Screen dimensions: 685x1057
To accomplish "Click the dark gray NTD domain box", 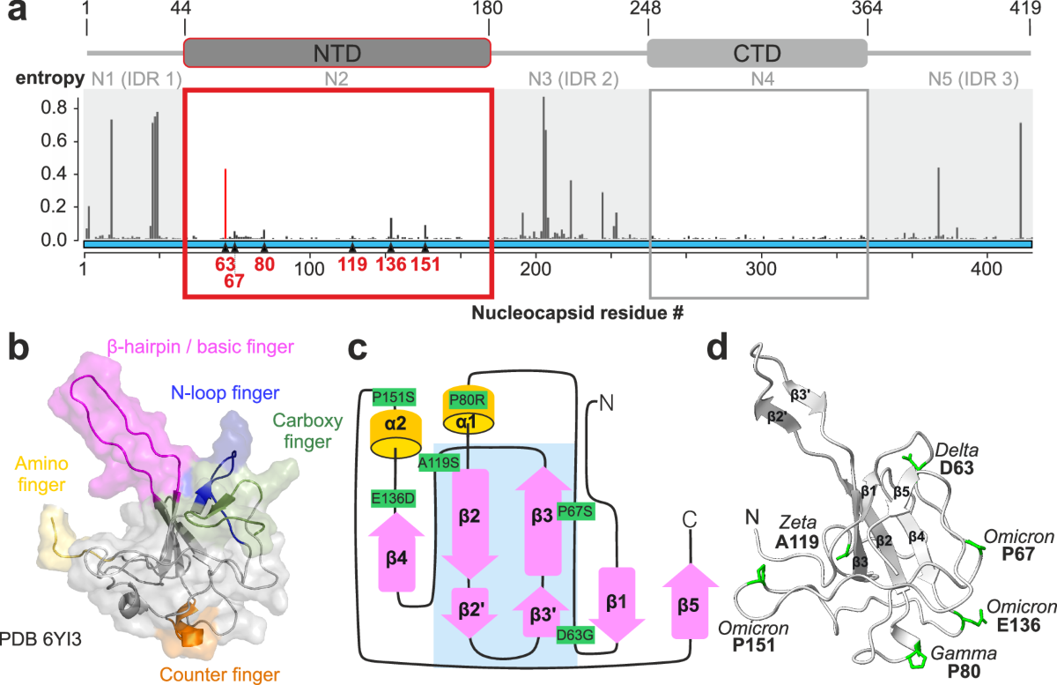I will (x=336, y=52).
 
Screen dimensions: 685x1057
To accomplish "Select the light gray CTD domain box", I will (x=757, y=53).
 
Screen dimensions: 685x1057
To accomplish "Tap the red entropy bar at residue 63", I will (x=225, y=203).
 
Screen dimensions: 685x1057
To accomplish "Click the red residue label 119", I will (x=352, y=265).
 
